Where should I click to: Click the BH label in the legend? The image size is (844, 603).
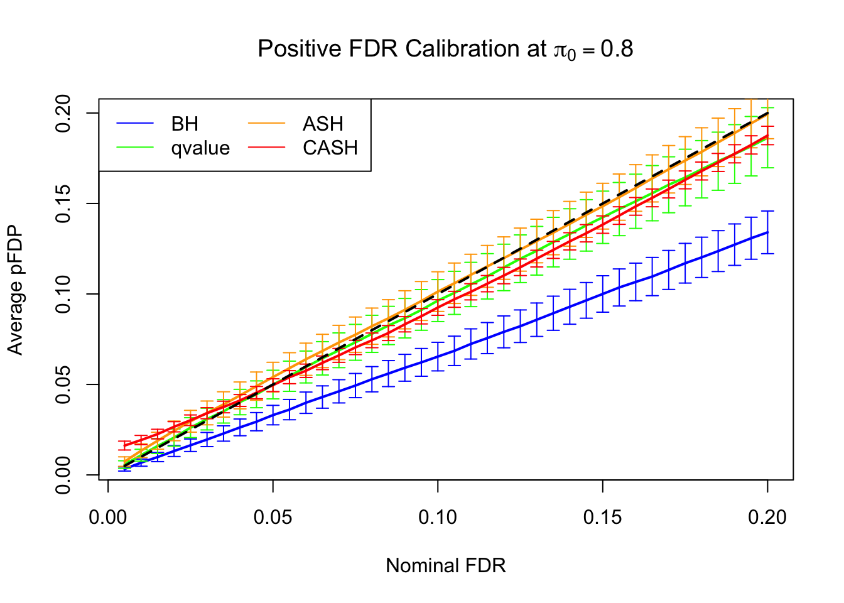[185, 124]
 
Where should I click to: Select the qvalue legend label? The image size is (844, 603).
[200, 148]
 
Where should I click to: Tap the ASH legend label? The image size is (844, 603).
[323, 124]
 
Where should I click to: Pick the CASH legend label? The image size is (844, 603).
[330, 148]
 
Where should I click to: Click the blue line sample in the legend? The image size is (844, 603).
[135, 124]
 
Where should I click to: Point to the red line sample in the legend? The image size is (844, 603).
[267, 148]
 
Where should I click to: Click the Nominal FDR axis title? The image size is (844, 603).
[446, 565]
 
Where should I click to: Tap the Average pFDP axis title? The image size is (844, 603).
[15, 290]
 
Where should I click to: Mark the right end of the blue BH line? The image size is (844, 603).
[767, 232]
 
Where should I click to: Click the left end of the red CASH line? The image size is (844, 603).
[125, 445]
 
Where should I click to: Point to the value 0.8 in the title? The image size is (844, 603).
[617, 49]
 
